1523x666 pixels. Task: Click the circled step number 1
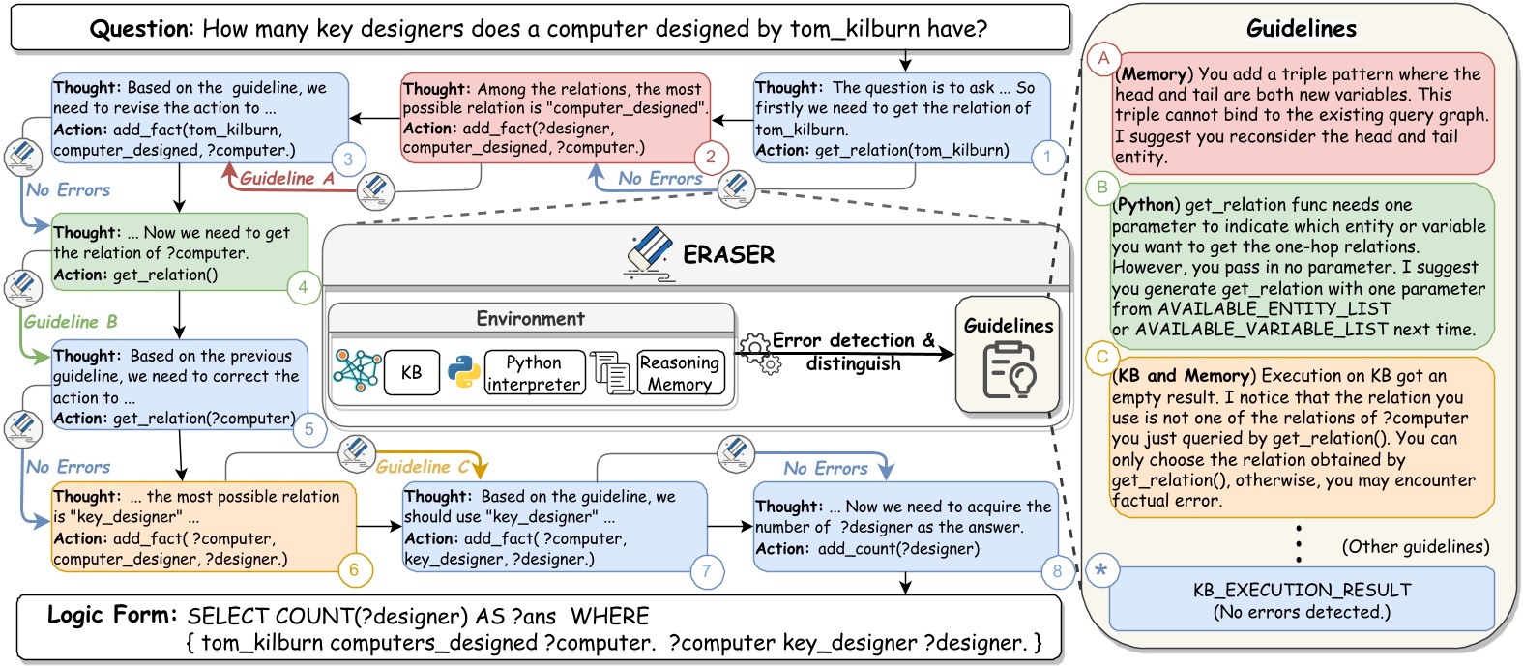1047,157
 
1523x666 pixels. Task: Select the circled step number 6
354,569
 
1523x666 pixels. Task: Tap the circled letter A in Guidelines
1103,58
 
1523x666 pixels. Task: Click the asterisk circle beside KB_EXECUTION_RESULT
1100,569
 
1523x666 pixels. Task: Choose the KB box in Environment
411,372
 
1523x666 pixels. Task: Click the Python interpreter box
534,373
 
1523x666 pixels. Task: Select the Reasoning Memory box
680,373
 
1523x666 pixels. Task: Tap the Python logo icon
464,372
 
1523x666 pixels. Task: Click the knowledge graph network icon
357,370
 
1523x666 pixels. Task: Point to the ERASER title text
728,254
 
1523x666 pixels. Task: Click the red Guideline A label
286,178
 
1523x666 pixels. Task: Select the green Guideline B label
71,322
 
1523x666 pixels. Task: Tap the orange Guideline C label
424,467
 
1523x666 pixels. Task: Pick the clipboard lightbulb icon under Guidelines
1008,371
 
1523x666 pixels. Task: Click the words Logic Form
112,615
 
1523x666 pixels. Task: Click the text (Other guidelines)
1415,546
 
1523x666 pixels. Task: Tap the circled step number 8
1057,570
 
